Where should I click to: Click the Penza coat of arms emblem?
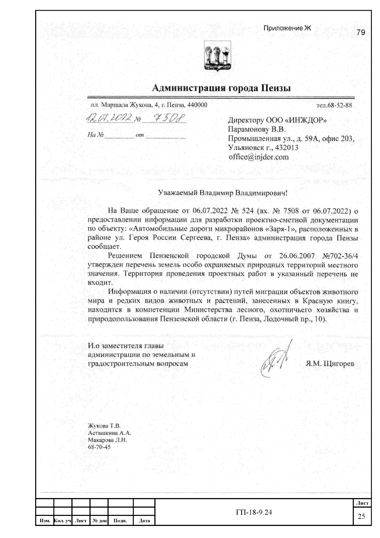(217, 56)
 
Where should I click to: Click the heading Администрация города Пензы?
(221, 88)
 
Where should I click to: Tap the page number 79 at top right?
(361, 32)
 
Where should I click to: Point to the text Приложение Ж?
(287, 28)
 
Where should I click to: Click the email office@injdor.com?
(258, 157)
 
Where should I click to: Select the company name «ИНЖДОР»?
(306, 120)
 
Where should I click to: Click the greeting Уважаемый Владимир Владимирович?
(223, 193)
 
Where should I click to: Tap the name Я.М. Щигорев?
(330, 364)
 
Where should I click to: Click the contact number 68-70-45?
(99, 447)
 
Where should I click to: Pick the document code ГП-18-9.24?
(254, 512)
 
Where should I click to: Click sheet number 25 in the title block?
(361, 516)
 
